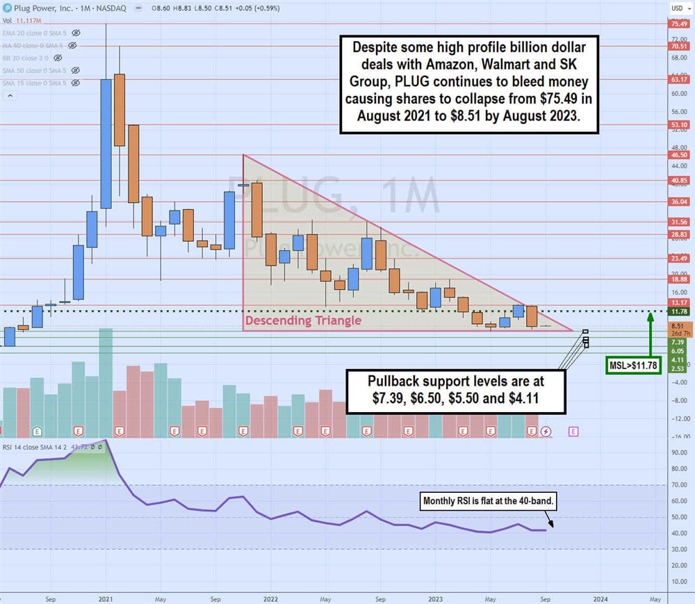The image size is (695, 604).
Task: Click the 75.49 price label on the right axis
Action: (678, 24)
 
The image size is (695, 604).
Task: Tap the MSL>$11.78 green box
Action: (632, 365)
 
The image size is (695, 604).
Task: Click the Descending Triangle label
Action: (302, 320)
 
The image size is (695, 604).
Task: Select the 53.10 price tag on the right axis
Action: (678, 125)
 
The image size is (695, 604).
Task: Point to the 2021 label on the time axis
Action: (106, 598)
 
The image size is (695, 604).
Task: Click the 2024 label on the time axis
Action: (600, 598)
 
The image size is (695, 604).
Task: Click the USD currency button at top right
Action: (677, 8)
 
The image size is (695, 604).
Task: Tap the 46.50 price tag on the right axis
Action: (678, 155)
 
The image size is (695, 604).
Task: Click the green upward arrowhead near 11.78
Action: (650, 316)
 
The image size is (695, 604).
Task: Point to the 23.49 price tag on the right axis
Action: (678, 258)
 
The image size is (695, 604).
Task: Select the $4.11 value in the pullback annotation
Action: (523, 398)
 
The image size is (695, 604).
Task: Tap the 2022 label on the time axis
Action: (270, 598)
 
